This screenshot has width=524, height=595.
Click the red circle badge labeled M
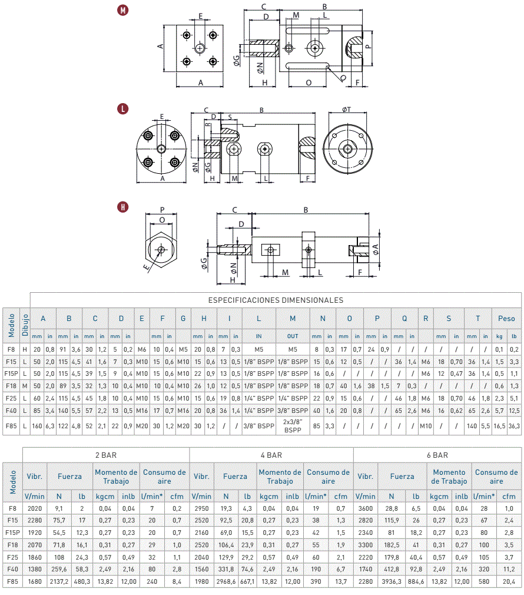click(x=122, y=10)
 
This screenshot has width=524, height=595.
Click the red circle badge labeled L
click(x=122, y=110)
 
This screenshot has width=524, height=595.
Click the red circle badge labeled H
click(x=122, y=207)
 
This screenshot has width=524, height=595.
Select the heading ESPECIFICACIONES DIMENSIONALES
click(x=276, y=300)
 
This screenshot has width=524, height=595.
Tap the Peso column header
click(x=506, y=319)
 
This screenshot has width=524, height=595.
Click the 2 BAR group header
click(x=106, y=455)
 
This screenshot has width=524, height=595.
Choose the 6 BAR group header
click(x=437, y=455)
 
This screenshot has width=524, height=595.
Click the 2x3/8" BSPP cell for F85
click(x=293, y=426)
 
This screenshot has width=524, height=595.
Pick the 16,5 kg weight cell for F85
click(x=499, y=426)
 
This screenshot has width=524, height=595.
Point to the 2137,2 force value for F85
click(x=59, y=581)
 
